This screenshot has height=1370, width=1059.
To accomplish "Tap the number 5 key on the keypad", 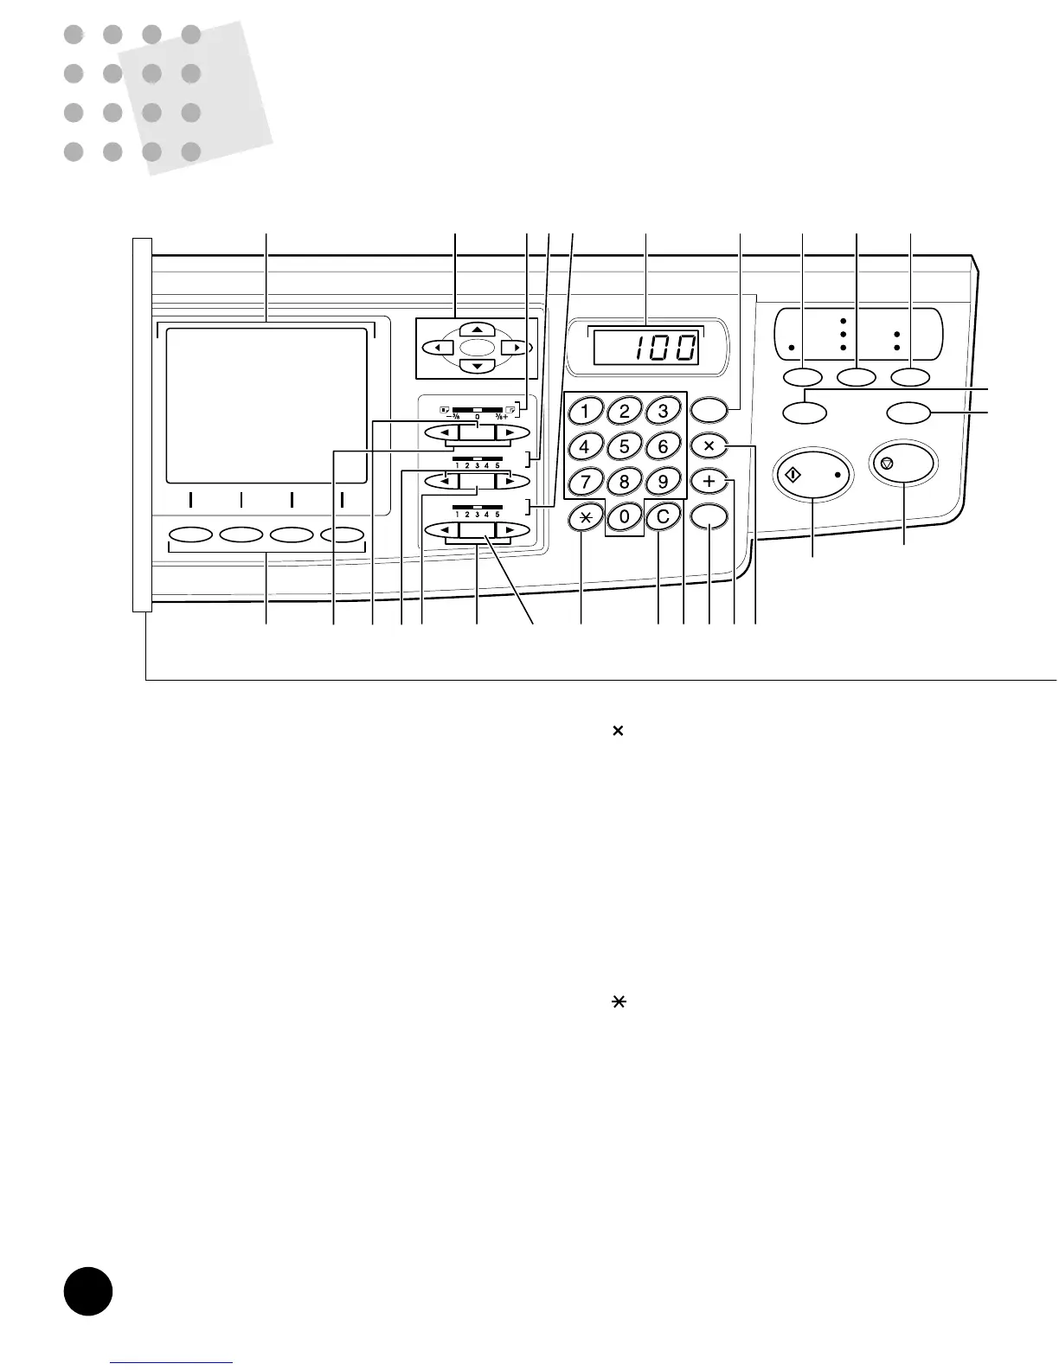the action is (624, 446).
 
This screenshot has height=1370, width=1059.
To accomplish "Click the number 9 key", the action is (663, 481).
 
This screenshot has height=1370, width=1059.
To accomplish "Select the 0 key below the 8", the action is (624, 517).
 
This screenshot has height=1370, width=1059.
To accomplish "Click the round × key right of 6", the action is (709, 446).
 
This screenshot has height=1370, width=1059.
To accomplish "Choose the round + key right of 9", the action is (709, 481).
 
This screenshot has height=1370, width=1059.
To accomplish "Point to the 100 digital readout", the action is (645, 348).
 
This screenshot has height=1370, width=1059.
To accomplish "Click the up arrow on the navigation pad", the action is (477, 330).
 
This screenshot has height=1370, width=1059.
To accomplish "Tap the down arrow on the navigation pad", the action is (477, 366).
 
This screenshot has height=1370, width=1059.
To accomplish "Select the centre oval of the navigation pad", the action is (477, 348).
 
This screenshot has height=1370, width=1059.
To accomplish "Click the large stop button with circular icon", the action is (904, 464).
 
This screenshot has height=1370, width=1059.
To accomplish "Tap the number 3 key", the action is (663, 411).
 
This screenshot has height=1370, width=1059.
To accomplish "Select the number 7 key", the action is (585, 481).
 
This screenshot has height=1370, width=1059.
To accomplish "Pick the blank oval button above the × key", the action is (709, 411).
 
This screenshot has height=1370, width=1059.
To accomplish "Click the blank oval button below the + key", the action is (709, 517).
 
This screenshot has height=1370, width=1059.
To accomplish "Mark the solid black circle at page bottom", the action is (88, 1291).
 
